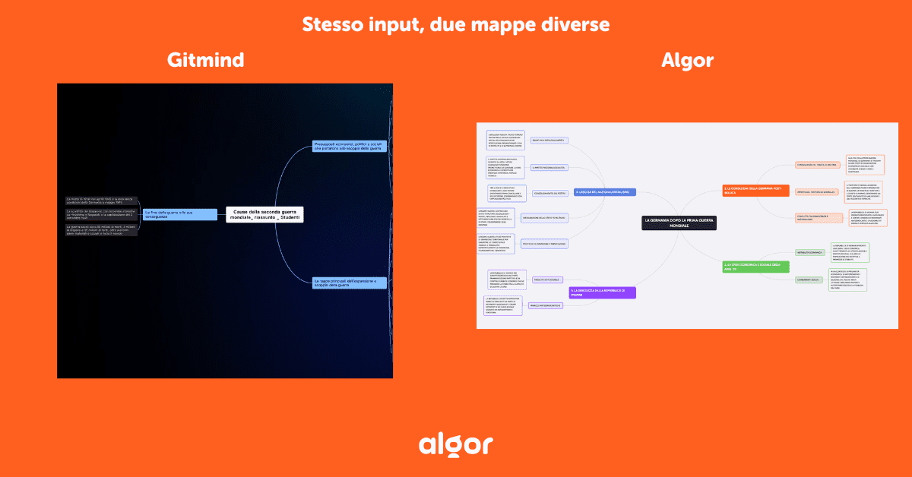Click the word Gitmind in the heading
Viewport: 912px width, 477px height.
(x=204, y=61)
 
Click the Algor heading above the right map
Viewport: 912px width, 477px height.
(x=687, y=61)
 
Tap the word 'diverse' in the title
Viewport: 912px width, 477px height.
(x=572, y=24)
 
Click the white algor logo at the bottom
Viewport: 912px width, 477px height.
(x=456, y=444)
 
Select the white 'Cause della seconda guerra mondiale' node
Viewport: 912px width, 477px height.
(x=265, y=214)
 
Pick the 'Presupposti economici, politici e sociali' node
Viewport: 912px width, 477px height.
(x=350, y=145)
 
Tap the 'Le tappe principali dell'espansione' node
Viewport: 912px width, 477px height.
(x=350, y=283)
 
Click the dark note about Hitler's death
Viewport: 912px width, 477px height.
(x=102, y=201)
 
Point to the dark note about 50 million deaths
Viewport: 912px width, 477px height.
(x=102, y=229)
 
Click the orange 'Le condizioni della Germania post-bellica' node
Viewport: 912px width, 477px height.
(x=755, y=190)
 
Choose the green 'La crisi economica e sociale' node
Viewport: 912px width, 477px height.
(x=755, y=266)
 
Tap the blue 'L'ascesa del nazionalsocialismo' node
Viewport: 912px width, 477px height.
(x=605, y=192)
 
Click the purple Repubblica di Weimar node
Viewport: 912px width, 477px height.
(x=602, y=292)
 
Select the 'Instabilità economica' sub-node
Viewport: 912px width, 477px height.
(x=810, y=251)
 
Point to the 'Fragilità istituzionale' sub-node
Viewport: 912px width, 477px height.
(x=547, y=280)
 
